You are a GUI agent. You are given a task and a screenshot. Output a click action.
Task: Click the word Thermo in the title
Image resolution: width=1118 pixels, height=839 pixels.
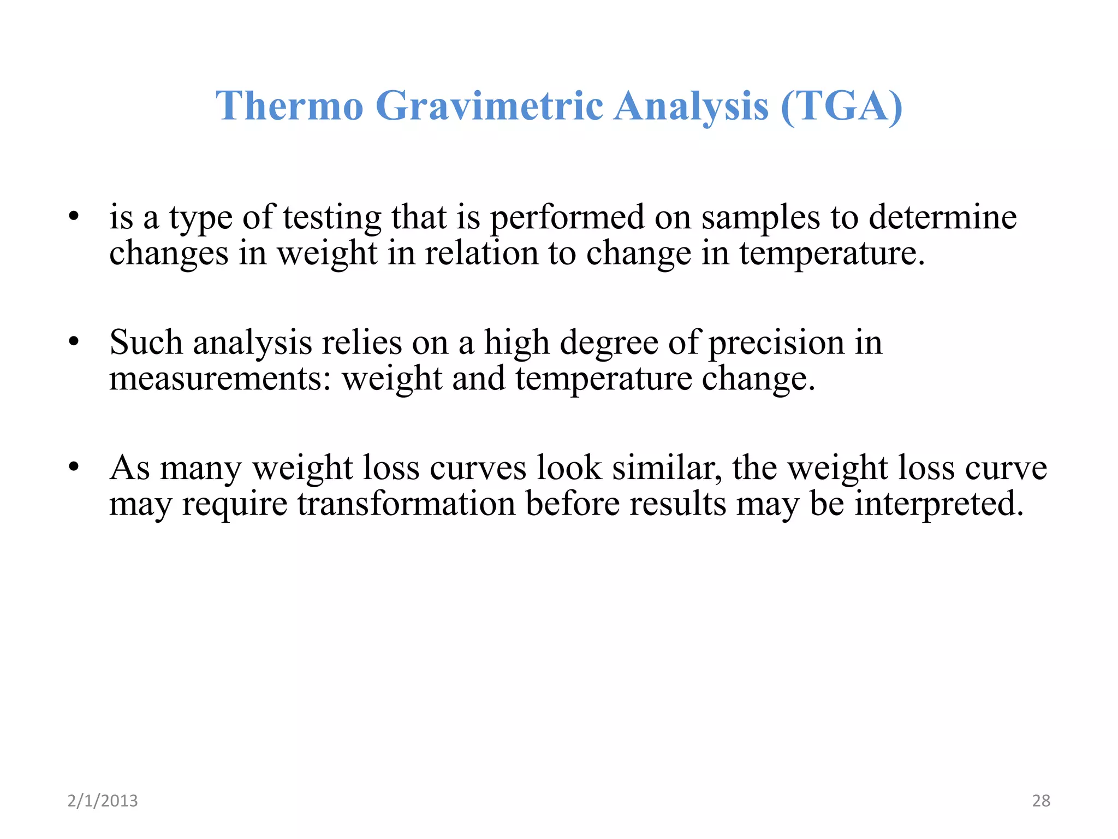click(289, 105)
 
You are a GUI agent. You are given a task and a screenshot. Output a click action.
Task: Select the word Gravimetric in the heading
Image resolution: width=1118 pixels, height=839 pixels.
click(489, 105)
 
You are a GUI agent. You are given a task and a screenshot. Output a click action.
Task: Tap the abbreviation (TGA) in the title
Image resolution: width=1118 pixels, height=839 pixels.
click(842, 105)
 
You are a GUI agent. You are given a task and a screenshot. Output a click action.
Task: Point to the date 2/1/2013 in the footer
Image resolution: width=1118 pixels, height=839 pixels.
click(103, 801)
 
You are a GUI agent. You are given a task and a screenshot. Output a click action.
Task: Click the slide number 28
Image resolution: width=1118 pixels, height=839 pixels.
click(1041, 801)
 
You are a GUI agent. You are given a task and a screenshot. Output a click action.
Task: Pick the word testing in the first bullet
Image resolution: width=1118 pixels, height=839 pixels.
click(332, 217)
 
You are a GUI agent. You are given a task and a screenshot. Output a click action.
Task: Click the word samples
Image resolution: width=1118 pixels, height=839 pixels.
click(760, 217)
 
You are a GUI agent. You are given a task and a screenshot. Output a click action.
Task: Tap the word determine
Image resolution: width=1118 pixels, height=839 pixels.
click(943, 217)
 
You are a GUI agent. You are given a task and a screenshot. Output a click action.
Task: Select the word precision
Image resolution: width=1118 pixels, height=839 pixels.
click(776, 342)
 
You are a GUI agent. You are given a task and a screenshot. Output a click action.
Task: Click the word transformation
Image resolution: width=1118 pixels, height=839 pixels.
click(406, 504)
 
